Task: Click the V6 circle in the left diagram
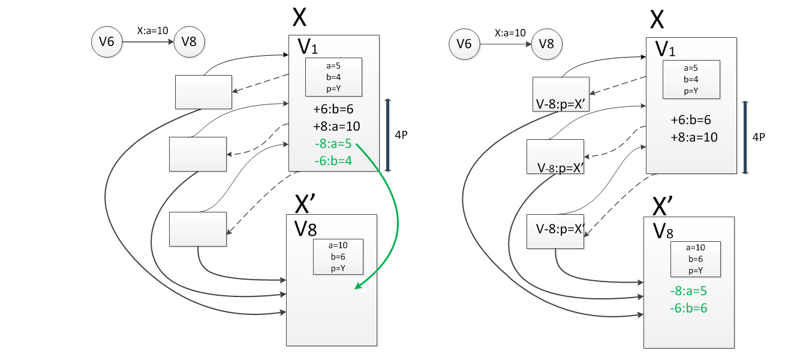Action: pos(107,42)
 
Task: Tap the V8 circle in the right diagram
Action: pos(546,44)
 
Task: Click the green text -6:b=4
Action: pos(333,161)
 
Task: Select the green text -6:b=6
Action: pos(688,308)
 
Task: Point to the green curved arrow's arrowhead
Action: pos(357,286)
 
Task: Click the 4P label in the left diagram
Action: pos(401,135)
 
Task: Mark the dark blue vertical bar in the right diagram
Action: pos(745,137)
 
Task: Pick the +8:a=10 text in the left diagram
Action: pos(336,127)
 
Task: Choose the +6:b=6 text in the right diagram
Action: pos(690,120)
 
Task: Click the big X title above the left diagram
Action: pos(299,17)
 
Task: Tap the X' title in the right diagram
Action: pos(663,206)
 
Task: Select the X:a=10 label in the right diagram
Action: pos(510,33)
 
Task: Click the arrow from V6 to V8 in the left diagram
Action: pos(148,42)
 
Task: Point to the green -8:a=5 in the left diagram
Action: pos(333,143)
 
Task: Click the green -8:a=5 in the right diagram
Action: pos(688,291)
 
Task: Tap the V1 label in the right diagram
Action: pos(665,49)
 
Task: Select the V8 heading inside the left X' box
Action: pos(305,229)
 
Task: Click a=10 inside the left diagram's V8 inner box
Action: pos(338,245)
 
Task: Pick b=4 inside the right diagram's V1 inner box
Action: pos(691,79)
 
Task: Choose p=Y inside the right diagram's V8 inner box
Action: pos(696,271)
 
